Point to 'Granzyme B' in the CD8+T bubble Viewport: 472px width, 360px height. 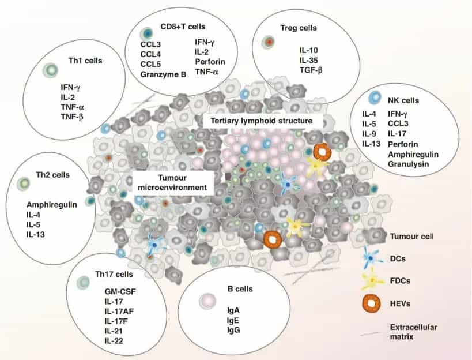tap(164, 74)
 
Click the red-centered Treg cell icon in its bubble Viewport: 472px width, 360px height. tap(269, 41)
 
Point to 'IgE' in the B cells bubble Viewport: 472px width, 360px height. tap(233, 320)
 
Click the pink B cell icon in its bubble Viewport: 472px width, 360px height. tap(207, 300)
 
